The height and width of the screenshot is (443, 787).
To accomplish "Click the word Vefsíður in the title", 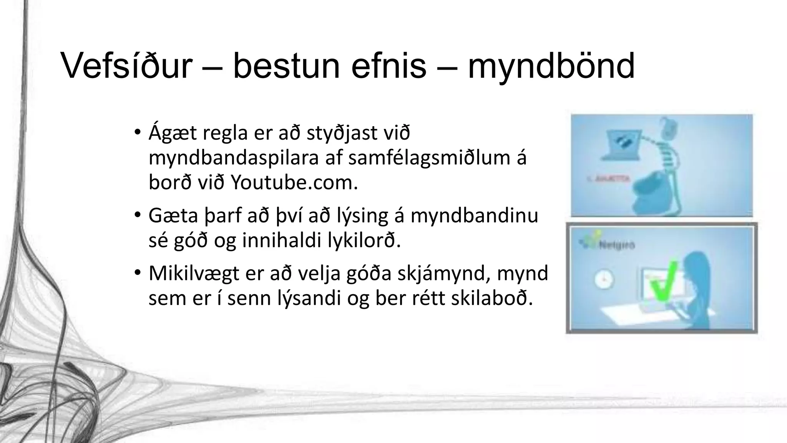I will tap(127, 66).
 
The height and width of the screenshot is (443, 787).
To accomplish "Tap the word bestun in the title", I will tap(286, 66).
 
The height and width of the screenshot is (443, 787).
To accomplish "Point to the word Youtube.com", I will tap(294, 183).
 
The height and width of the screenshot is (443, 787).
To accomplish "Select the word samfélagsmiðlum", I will tap(427, 158).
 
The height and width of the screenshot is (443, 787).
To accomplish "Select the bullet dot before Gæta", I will tap(138, 215).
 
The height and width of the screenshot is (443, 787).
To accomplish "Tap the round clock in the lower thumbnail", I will tap(604, 280).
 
